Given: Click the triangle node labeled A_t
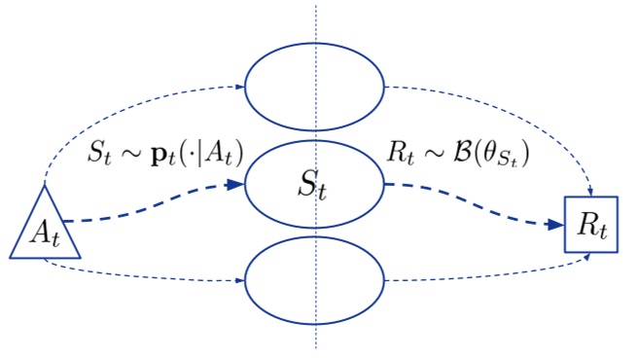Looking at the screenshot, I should coord(45,232).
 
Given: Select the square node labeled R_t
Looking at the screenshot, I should coord(591,226).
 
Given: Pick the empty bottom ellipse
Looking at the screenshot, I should coord(282,281).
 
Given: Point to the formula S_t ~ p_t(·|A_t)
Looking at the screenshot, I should coord(162,152).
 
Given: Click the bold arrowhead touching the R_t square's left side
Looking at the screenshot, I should coord(555,225).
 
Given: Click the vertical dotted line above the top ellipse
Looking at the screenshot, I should coord(315,24).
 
